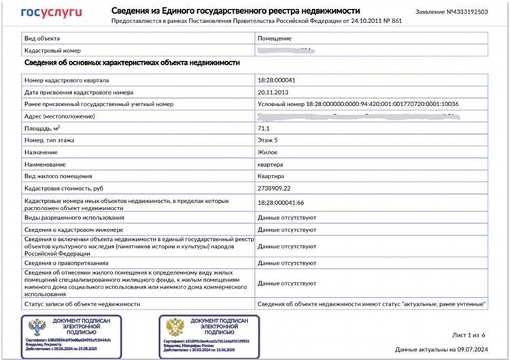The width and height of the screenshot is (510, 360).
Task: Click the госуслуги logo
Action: pos(52,12)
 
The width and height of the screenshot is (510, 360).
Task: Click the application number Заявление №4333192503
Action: pos(452,13)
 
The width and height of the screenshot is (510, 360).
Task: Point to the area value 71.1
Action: pos(265,129)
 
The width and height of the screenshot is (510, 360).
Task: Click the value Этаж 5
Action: pos(268,140)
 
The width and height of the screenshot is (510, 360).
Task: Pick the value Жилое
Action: pos(268,152)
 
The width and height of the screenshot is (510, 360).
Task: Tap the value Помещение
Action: pos(275,39)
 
